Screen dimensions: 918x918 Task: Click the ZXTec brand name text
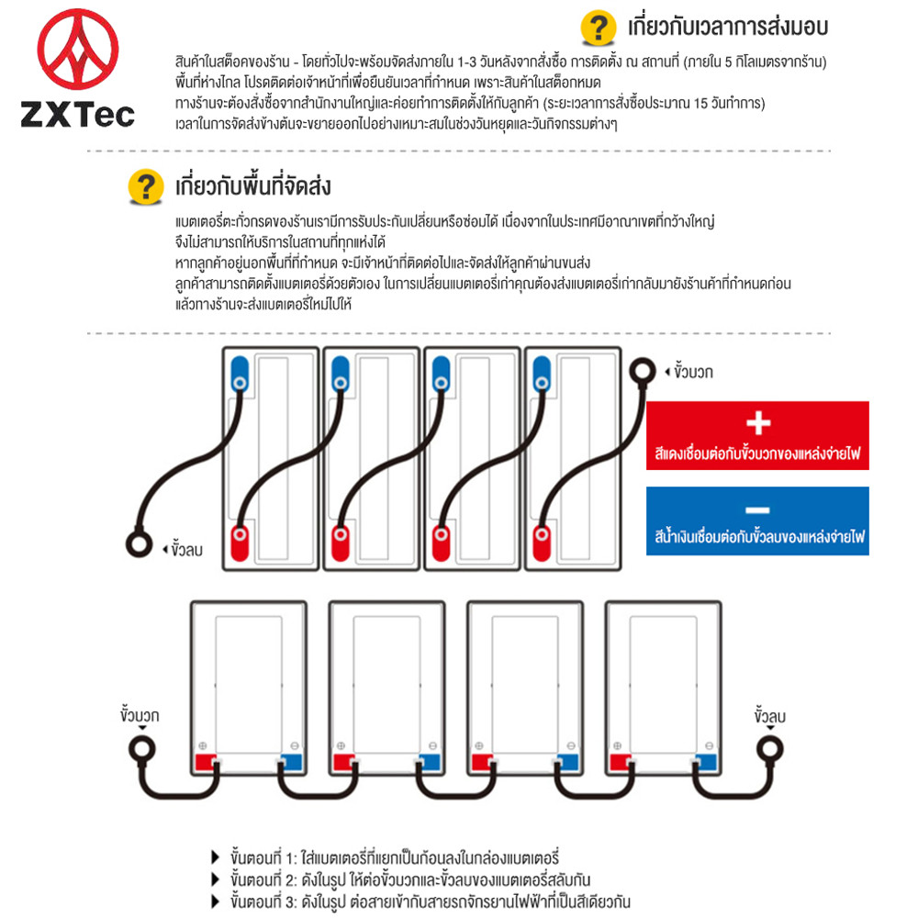point(78,115)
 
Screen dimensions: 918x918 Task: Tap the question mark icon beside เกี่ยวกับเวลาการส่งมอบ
point(599,27)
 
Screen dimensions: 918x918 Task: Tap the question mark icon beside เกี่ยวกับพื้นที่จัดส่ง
point(143,186)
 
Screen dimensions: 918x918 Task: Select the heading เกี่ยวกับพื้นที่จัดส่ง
point(253,186)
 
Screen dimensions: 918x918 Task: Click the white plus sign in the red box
point(757,423)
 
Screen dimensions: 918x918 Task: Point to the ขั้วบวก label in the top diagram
point(693,372)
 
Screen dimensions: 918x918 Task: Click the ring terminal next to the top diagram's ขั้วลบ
point(139,543)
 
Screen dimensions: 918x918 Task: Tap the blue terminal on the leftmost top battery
point(239,372)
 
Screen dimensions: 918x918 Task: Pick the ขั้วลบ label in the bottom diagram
point(770,714)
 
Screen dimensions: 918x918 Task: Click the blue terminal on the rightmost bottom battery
point(706,761)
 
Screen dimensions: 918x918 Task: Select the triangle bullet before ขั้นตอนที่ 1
point(216,856)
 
